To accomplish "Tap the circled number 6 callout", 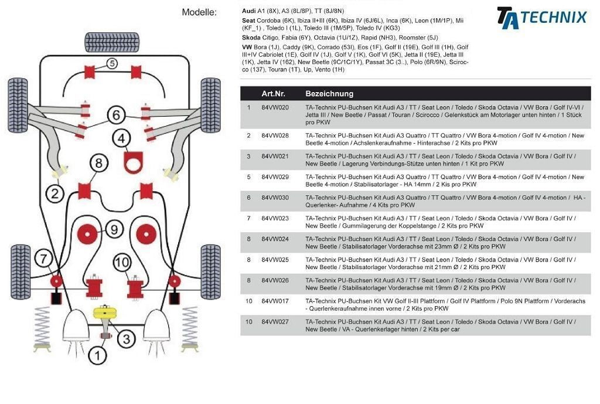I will [x=117, y=114].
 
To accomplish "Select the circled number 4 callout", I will [x=121, y=139].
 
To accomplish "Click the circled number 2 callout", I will [x=55, y=193].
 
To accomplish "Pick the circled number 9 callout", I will [x=114, y=229].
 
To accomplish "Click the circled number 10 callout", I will [x=121, y=263].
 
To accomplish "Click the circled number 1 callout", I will [x=97, y=355].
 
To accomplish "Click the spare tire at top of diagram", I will [x=104, y=42].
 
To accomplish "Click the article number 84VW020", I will [x=275, y=108].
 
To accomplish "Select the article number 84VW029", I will [x=275, y=176].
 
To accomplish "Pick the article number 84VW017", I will [x=275, y=301].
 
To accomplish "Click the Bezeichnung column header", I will [x=329, y=94].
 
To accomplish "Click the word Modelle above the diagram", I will [x=199, y=12].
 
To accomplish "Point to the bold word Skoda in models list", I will [x=252, y=37].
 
